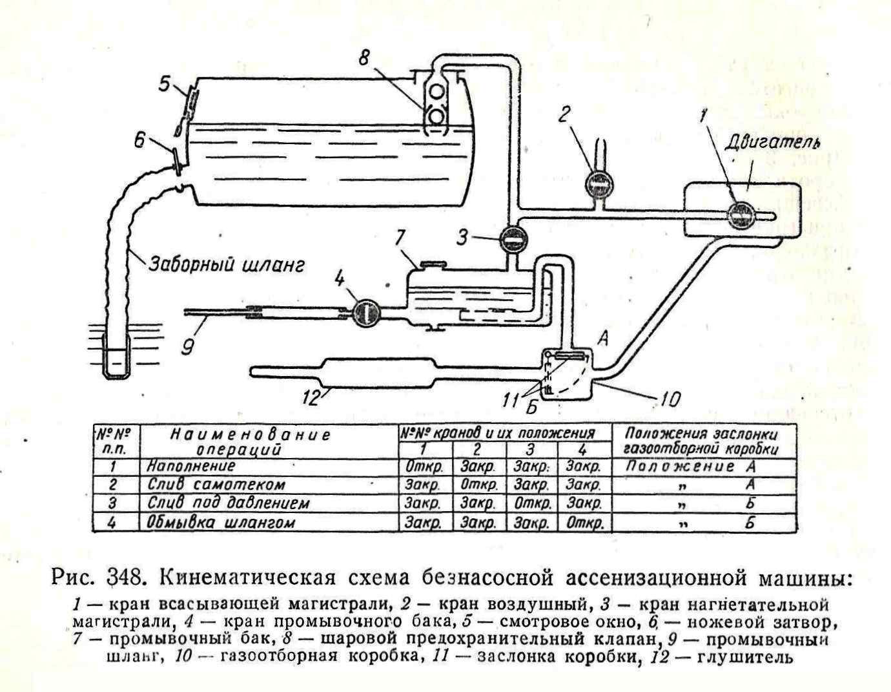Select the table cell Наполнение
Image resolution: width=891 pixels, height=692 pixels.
(x=191, y=466)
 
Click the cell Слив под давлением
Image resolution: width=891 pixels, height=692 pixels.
(x=229, y=503)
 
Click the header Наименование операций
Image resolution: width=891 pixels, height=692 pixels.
(x=250, y=442)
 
